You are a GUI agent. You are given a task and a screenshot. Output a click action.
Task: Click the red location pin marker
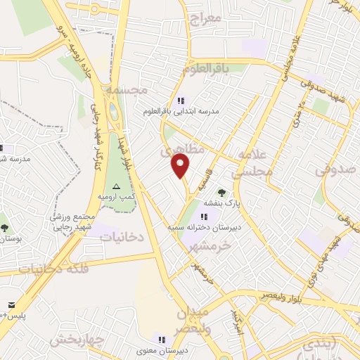(x=181, y=165)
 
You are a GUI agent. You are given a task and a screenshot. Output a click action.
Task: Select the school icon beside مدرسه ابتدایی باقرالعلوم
(x=181, y=101)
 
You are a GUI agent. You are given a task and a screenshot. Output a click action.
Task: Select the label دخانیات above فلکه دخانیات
(x=121, y=238)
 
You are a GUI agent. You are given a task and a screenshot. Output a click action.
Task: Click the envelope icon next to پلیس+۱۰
(x=12, y=304)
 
